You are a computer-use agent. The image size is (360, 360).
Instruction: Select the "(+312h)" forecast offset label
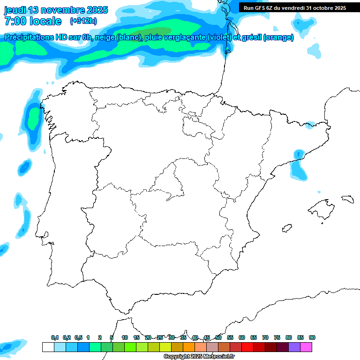(83, 21)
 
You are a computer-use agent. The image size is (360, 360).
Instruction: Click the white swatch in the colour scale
(48, 347)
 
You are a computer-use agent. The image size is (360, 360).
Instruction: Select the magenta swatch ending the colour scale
(306, 347)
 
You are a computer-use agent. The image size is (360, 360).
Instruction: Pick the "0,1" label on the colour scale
(55, 338)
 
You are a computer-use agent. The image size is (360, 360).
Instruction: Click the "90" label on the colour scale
(312, 338)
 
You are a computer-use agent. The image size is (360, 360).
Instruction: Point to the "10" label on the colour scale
(125, 338)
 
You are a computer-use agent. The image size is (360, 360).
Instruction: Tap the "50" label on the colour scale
(218, 338)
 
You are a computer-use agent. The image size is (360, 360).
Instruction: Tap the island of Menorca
(347, 199)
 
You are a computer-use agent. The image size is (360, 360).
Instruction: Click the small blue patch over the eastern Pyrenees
(310, 125)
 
